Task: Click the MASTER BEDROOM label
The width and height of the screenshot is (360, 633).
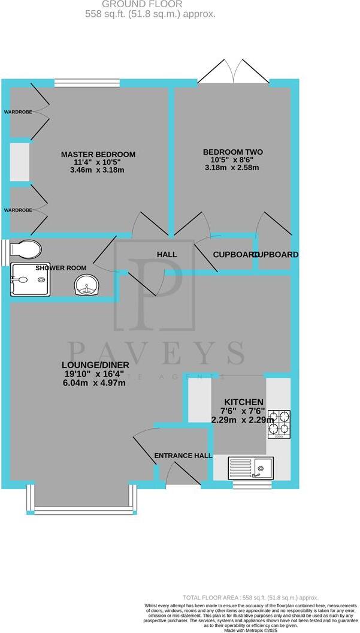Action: point(98,155)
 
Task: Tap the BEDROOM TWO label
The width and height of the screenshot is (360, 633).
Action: point(232,152)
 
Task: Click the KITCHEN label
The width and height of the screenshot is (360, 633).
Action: point(243,401)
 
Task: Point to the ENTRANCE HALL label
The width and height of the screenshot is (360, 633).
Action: point(183,456)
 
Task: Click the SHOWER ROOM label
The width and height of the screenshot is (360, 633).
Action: point(60,268)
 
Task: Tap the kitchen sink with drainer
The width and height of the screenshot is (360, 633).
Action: point(252,467)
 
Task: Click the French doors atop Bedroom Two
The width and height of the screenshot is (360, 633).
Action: point(234,72)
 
